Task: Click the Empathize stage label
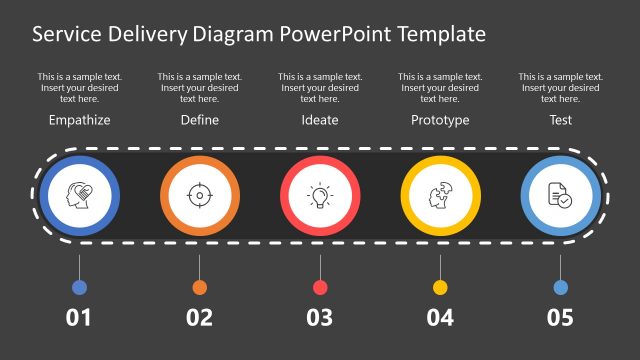pyautogui.click(x=79, y=120)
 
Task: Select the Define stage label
pyautogui.click(x=199, y=120)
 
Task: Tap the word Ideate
pyautogui.click(x=320, y=120)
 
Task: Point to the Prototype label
pyautogui.click(x=440, y=120)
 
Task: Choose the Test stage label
pyautogui.click(x=560, y=120)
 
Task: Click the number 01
pyautogui.click(x=79, y=318)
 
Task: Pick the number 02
pyautogui.click(x=199, y=318)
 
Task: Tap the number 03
pyautogui.click(x=320, y=318)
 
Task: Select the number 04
pyautogui.click(x=440, y=318)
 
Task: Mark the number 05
pyautogui.click(x=560, y=318)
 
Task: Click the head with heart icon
pyautogui.click(x=79, y=194)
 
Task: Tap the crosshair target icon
pyautogui.click(x=199, y=194)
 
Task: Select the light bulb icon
pyautogui.click(x=320, y=194)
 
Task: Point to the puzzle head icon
pyautogui.click(x=440, y=194)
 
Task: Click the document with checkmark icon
pyautogui.click(x=560, y=194)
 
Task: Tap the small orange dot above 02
pyautogui.click(x=199, y=288)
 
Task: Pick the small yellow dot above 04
pyautogui.click(x=440, y=288)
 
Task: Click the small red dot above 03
pyautogui.click(x=320, y=288)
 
